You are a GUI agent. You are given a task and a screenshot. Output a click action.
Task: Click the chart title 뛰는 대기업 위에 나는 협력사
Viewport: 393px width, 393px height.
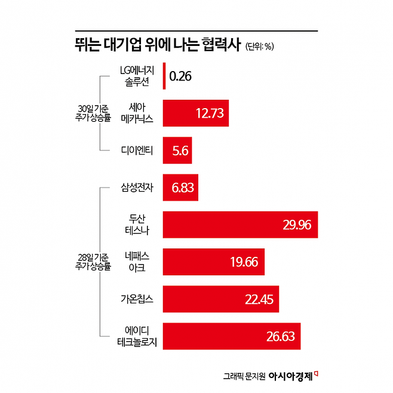(156, 45)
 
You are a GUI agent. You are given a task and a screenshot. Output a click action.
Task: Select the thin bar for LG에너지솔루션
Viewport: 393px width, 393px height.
(164, 76)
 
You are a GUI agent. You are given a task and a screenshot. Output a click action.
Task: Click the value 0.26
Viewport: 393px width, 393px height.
(180, 76)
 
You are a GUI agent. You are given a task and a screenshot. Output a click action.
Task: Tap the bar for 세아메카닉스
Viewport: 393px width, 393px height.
(196, 113)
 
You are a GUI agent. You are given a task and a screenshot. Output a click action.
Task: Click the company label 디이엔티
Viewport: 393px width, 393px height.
(137, 151)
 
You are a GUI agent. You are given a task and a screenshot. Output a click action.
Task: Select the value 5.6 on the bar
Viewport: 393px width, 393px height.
(180, 151)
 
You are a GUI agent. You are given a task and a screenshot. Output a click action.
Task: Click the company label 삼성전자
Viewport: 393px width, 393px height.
(137, 188)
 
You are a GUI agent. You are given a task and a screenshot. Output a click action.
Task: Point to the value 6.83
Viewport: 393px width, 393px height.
(182, 188)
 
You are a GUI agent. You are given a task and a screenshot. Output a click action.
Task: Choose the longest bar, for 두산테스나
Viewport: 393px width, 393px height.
(240, 225)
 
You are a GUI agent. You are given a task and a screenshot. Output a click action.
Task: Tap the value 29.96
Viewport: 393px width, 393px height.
(297, 225)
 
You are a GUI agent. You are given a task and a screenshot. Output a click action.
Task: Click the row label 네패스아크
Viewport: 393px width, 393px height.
(137, 262)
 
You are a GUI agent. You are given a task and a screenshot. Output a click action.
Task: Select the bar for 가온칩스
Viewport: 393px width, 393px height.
(221, 299)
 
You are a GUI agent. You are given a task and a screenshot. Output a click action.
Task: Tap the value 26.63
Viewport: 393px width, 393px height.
(281, 336)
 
